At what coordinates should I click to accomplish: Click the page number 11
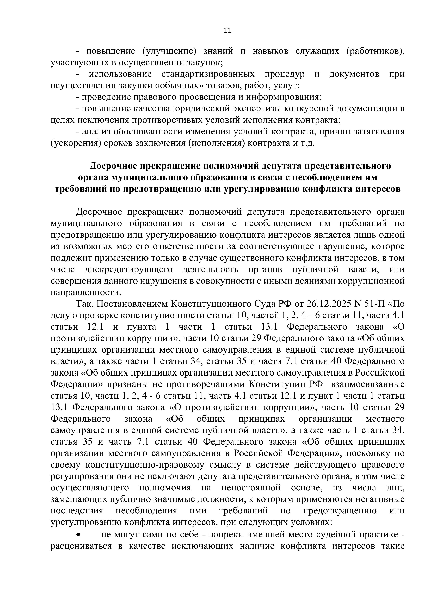(228, 31)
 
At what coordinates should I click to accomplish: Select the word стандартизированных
(208, 74)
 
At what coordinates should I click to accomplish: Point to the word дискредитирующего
(128, 269)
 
